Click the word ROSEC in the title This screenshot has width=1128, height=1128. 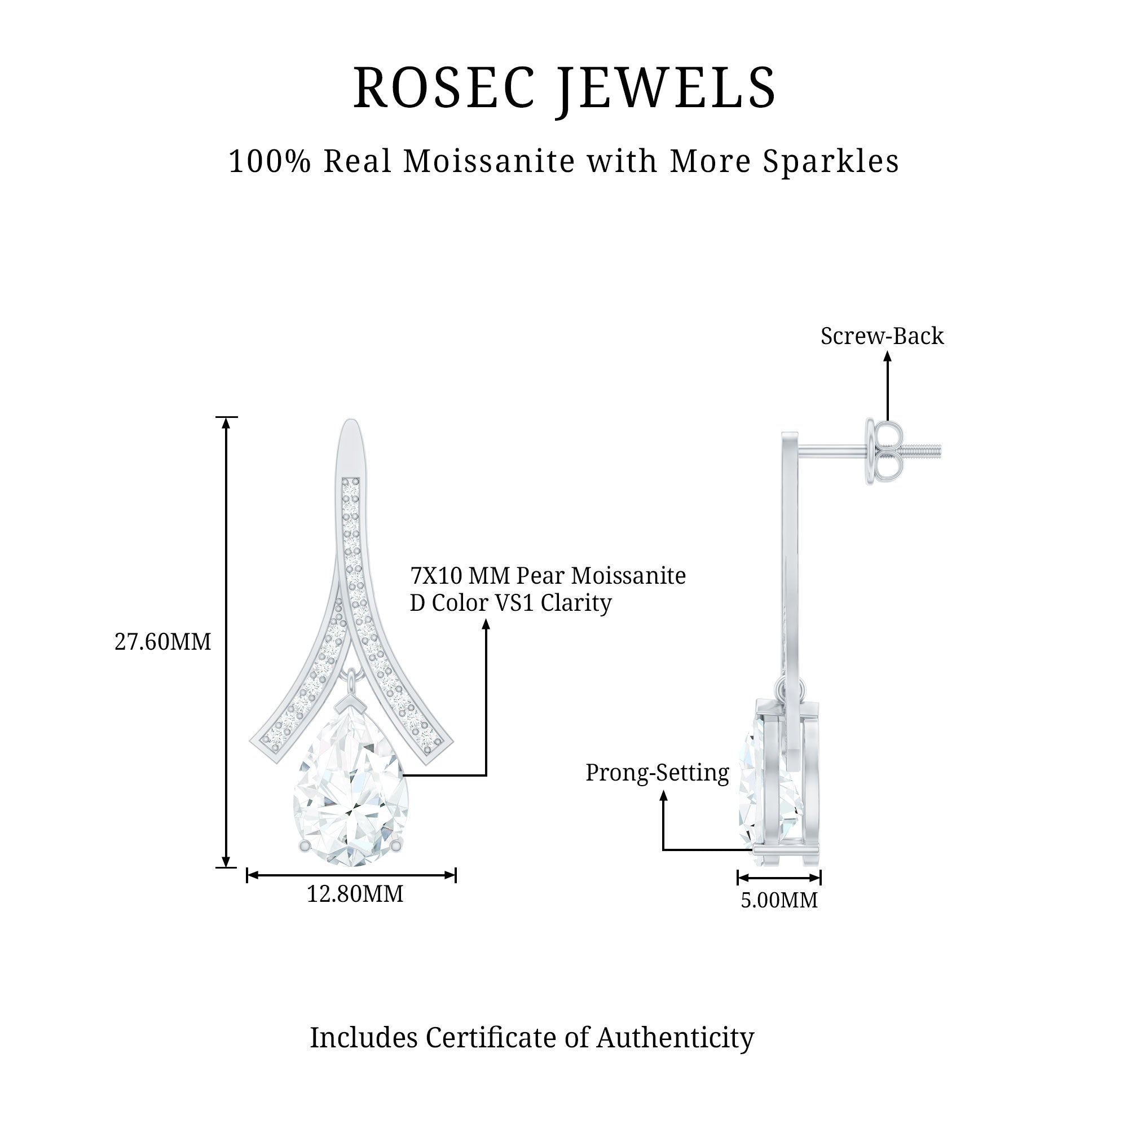coord(444,88)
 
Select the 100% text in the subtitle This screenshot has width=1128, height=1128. coord(269,161)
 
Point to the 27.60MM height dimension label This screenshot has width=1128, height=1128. coord(162,642)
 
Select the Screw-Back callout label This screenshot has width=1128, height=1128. coord(882,336)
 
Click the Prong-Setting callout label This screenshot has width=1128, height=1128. coord(657,773)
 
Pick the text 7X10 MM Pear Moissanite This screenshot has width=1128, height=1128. coord(548,576)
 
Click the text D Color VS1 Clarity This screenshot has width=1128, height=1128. coord(510,603)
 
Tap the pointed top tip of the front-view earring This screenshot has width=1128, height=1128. coord(350,422)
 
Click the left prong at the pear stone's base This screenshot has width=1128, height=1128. coord(303,846)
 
